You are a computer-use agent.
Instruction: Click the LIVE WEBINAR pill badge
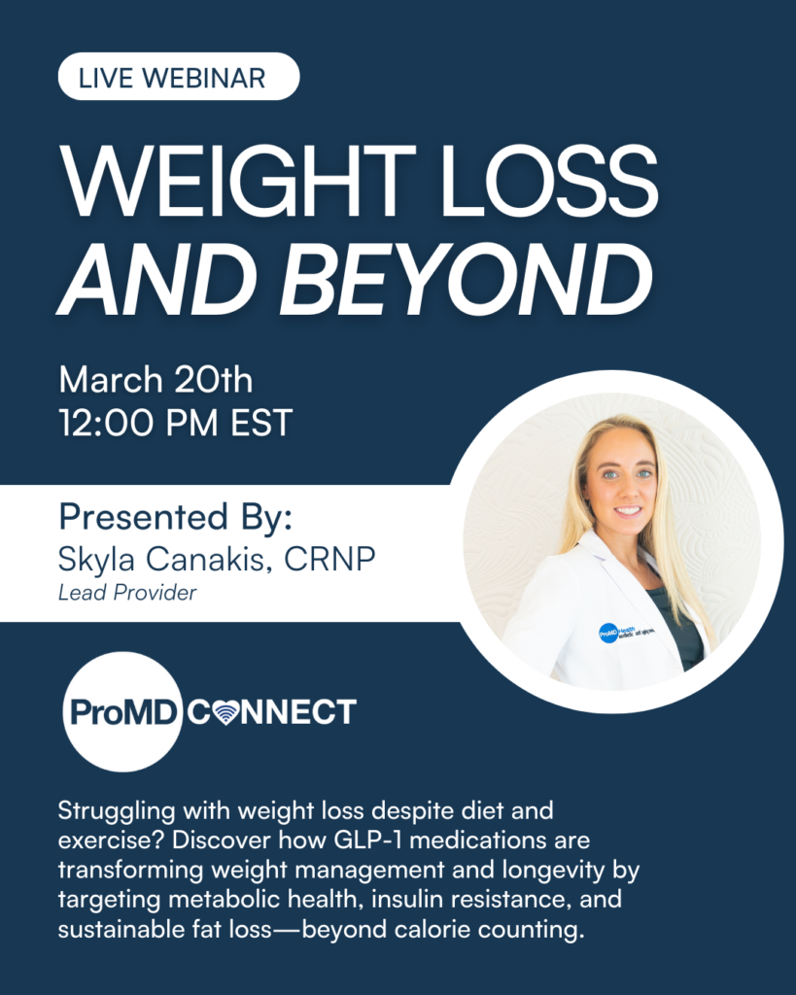179,78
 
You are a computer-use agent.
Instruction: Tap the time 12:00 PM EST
176,423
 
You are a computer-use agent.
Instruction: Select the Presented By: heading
175,516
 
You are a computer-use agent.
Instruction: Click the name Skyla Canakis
156,561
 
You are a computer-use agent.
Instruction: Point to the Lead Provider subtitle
127,592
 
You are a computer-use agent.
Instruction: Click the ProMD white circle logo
121,712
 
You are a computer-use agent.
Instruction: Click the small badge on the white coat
609,633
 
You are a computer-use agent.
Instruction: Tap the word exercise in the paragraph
104,838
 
